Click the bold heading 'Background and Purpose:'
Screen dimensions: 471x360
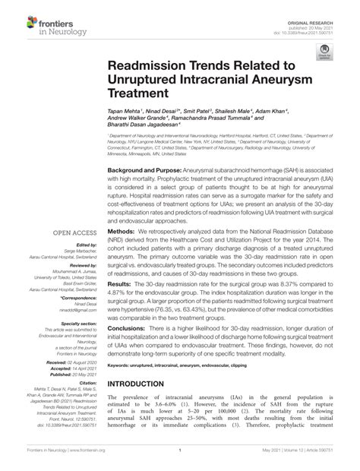pyautogui.click(x=144, y=170)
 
